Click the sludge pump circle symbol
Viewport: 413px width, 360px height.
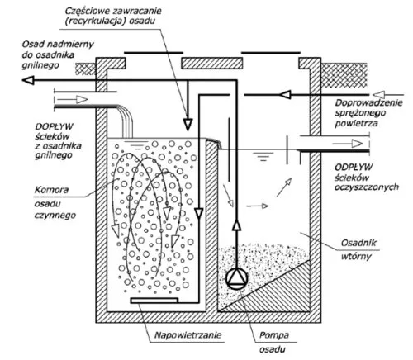(x=237, y=278)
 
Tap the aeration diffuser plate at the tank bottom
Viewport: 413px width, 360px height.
(x=154, y=300)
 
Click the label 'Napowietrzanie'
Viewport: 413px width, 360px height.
(x=188, y=335)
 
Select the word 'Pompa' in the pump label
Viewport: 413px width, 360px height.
(x=274, y=335)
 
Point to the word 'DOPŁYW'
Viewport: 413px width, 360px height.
(x=54, y=126)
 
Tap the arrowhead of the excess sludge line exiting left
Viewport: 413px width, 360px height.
(x=28, y=80)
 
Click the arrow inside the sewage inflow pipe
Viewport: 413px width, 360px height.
(x=73, y=99)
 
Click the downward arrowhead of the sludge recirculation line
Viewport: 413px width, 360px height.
(x=188, y=125)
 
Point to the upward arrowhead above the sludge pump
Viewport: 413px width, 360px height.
(x=236, y=225)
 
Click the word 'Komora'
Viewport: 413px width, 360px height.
(x=51, y=190)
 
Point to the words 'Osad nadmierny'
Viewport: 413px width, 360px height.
(x=58, y=45)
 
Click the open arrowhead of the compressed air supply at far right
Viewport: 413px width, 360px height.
(x=380, y=95)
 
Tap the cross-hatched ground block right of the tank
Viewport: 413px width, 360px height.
(x=344, y=75)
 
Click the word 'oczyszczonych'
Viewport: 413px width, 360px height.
(x=367, y=187)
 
